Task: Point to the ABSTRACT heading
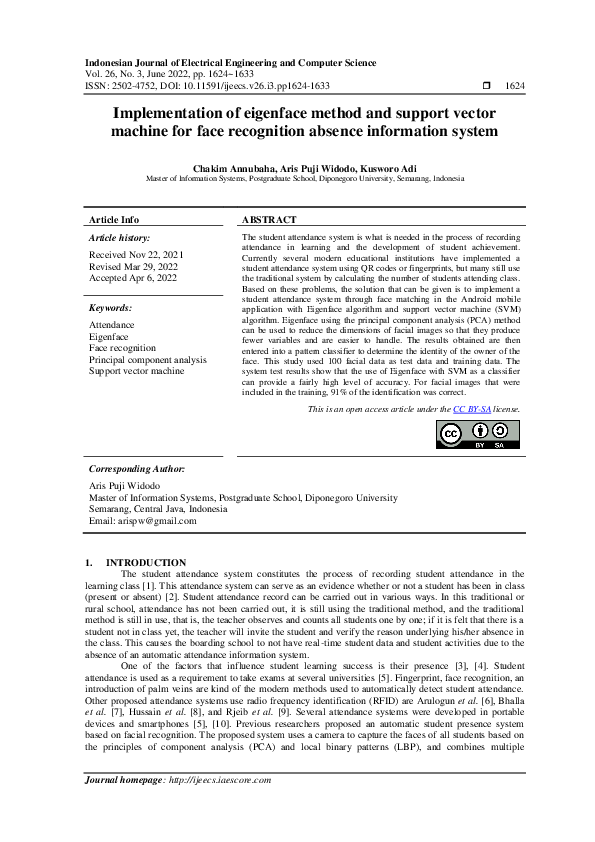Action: (x=269, y=219)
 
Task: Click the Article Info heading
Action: (x=114, y=219)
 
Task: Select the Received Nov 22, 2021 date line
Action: (x=136, y=255)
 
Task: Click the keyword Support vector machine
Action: (x=136, y=371)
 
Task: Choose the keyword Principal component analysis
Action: (x=148, y=359)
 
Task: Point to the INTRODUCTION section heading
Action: (x=146, y=563)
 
